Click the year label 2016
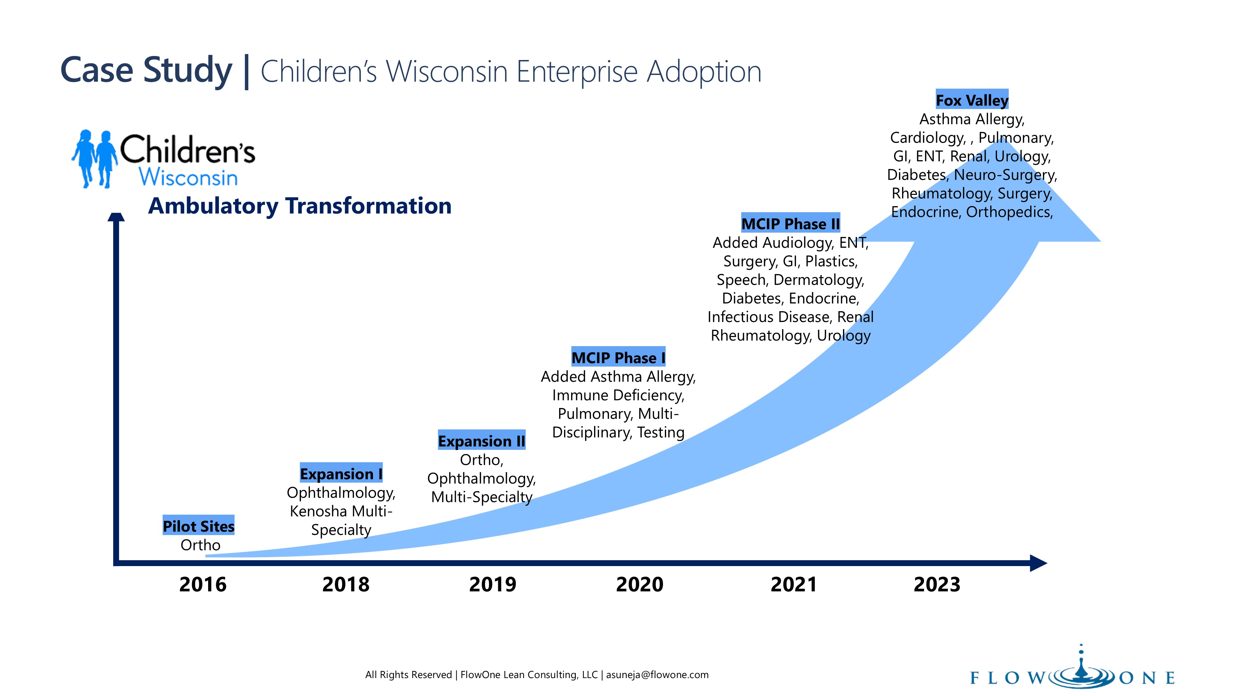point(203,585)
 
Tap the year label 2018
point(346,585)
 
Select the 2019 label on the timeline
point(493,585)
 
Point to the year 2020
point(640,585)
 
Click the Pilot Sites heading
point(198,526)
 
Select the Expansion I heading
point(341,474)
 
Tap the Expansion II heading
point(482,440)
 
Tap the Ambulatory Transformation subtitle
point(300,206)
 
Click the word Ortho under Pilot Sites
point(200,545)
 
